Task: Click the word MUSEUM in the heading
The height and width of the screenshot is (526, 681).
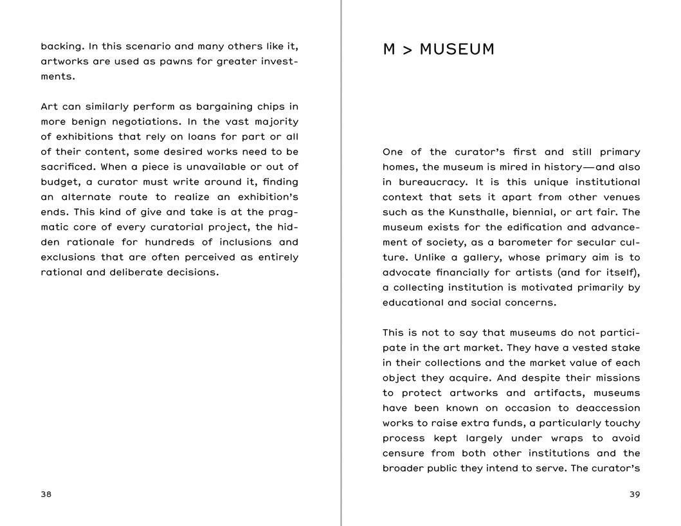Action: pos(457,50)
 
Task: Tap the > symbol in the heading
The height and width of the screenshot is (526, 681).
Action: pos(407,50)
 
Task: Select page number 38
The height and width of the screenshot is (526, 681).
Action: pos(46,494)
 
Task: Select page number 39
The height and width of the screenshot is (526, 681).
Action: pos(635,494)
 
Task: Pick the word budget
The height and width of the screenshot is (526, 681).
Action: pos(59,182)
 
